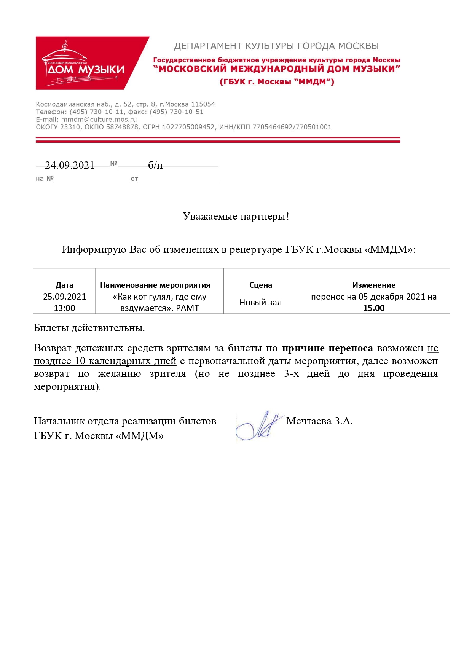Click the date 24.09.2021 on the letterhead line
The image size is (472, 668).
pyautogui.click(x=70, y=165)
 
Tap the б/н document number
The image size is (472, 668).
pyautogui.click(x=155, y=165)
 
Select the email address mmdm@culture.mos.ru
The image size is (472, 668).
pyautogui.click(x=99, y=120)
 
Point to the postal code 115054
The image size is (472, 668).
pyautogui.click(x=203, y=104)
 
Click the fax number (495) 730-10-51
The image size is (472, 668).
pyautogui.click(x=176, y=112)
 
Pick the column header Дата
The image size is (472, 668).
pyautogui.click(x=64, y=285)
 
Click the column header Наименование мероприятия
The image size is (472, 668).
pyautogui.click(x=155, y=285)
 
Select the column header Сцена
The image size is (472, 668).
pyautogui.click(x=260, y=285)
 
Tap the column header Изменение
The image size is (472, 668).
pyautogui.click(x=374, y=285)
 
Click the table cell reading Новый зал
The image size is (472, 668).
pyautogui.click(x=260, y=303)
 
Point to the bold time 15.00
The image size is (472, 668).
pyautogui.click(x=374, y=308)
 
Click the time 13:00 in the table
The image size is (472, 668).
pyautogui.click(x=64, y=308)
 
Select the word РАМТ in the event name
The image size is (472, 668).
pyautogui.click(x=187, y=308)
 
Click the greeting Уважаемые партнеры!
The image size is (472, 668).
pyautogui.click(x=236, y=217)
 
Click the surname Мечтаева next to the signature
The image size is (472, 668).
pyautogui.click(x=309, y=421)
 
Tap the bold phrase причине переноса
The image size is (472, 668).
pyautogui.click(x=327, y=348)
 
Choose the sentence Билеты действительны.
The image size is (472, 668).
pyautogui.click(x=89, y=328)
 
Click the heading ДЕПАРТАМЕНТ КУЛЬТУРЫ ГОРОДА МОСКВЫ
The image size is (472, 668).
pyautogui.click(x=276, y=46)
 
